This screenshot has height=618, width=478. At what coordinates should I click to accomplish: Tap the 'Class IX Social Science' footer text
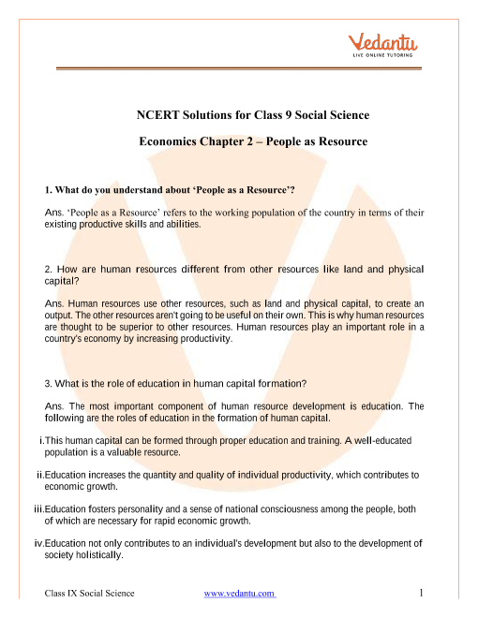[90, 594]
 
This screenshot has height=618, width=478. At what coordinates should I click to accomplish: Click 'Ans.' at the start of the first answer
[53, 213]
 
